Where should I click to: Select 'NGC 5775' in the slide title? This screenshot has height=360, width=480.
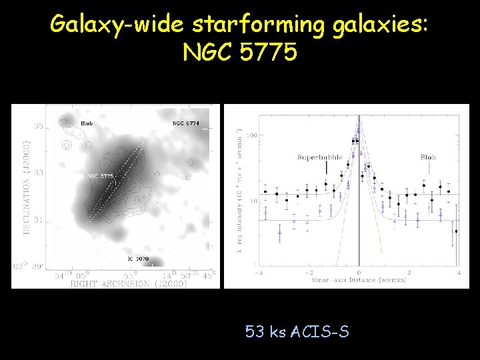tap(239, 53)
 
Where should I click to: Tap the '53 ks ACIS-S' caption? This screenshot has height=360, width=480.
tap(297, 331)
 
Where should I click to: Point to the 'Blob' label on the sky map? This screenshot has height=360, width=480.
tap(87, 123)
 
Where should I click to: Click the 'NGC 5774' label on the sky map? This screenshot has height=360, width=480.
tap(186, 123)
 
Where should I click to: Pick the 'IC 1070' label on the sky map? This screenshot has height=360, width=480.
tap(138, 258)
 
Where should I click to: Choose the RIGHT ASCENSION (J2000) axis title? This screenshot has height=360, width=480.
tap(129, 283)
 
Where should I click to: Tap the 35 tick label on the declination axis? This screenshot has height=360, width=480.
tap(39, 126)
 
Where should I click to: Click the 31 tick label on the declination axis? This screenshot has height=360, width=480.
tap(39, 220)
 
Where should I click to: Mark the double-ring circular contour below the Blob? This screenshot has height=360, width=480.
tap(67, 144)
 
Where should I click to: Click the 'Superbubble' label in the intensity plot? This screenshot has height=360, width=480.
tap(320, 158)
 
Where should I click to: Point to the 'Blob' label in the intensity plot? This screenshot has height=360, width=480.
tap(428, 158)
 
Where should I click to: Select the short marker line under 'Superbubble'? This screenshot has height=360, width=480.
tap(325, 173)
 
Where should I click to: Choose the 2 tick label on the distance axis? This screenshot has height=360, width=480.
tap(409, 273)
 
